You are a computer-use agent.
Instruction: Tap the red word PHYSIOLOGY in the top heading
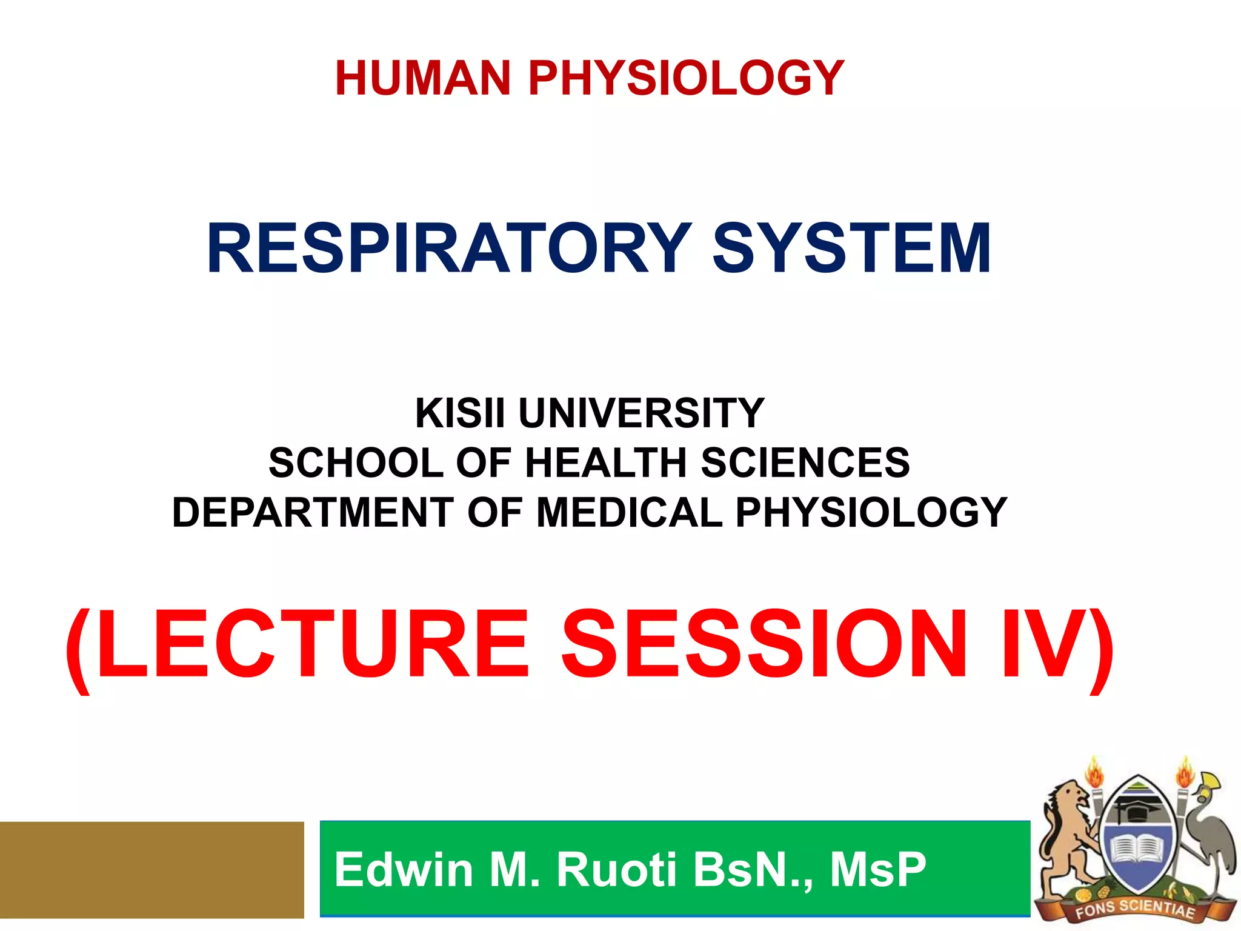tap(687, 78)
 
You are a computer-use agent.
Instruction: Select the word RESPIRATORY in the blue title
tap(449, 249)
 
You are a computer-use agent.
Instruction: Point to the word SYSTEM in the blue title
tap(852, 249)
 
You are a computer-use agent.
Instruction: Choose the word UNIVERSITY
tap(642, 413)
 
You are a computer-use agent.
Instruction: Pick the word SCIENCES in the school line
tap(805, 463)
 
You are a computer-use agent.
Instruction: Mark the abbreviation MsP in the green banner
tap(878, 870)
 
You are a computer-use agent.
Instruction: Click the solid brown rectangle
tap(151, 870)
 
